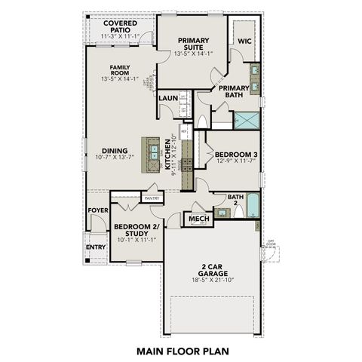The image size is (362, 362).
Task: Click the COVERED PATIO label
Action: [x=120, y=28]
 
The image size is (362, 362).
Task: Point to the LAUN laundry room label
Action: [x=167, y=97]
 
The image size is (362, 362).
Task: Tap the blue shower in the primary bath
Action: [x=246, y=119]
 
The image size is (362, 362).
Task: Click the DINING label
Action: [x=115, y=150]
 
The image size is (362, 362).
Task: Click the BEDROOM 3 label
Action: [x=232, y=153]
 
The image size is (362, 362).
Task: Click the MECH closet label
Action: [x=198, y=219]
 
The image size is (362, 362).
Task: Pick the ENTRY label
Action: [x=95, y=247]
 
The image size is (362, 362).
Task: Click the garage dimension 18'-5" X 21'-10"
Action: [x=212, y=280]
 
